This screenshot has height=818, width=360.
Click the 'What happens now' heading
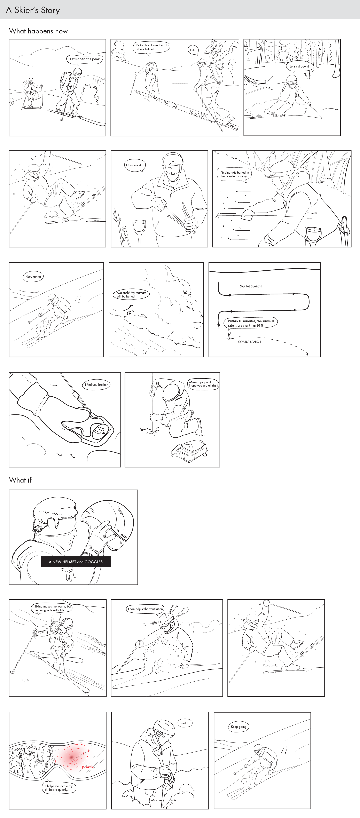click(38, 31)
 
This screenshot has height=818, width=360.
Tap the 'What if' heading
click(20, 480)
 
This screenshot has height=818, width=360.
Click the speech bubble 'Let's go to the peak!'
click(85, 59)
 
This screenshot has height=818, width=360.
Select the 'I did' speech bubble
click(193, 50)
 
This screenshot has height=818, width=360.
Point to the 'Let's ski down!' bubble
click(299, 66)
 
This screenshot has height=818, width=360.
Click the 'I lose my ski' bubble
click(134, 165)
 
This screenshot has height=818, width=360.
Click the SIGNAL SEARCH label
click(251, 286)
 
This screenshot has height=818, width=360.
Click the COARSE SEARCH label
click(249, 342)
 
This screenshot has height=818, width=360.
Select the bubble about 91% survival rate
click(251, 323)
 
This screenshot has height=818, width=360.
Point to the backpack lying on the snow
click(189, 451)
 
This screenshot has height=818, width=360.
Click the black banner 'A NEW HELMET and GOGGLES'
click(76, 562)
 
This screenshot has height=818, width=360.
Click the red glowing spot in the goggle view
click(71, 757)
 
